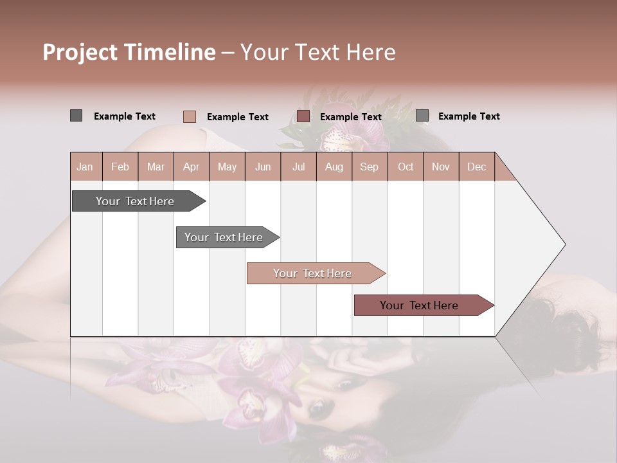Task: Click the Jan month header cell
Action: point(85,167)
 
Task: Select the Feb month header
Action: point(120,167)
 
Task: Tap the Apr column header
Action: point(192,167)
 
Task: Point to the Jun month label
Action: point(263,167)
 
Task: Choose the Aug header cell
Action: point(334,167)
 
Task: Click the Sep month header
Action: point(370,167)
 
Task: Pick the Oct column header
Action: point(406,167)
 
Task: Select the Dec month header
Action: point(477,167)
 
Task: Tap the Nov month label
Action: point(441,167)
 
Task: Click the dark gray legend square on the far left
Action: point(76,116)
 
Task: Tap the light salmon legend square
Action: point(190,116)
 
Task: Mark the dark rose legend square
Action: point(303,116)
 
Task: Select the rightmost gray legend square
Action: point(422,116)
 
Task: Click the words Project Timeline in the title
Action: point(129,52)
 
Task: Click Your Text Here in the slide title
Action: point(318,52)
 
